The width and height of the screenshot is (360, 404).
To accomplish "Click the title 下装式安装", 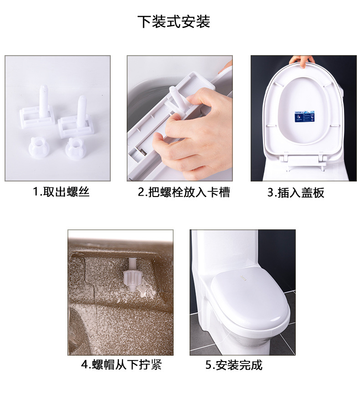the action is click(174, 21).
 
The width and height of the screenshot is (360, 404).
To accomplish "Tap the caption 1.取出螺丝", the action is click(61, 192).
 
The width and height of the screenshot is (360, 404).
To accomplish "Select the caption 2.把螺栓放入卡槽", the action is click(184, 192).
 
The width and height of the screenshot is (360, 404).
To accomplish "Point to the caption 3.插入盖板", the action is click(296, 192).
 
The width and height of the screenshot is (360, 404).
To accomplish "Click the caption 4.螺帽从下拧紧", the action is click(121, 364).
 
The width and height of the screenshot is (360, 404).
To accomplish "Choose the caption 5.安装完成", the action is click(234, 365).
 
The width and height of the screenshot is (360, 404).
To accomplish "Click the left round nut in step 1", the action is click(39, 148).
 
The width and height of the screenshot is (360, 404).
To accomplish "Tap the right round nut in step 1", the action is click(76, 149).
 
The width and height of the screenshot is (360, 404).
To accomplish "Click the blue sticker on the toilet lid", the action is click(304, 116).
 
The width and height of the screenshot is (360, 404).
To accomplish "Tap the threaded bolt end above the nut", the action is click(132, 264).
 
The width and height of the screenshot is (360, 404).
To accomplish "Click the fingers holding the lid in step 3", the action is click(302, 61).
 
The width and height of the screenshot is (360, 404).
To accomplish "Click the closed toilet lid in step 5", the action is click(249, 299).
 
